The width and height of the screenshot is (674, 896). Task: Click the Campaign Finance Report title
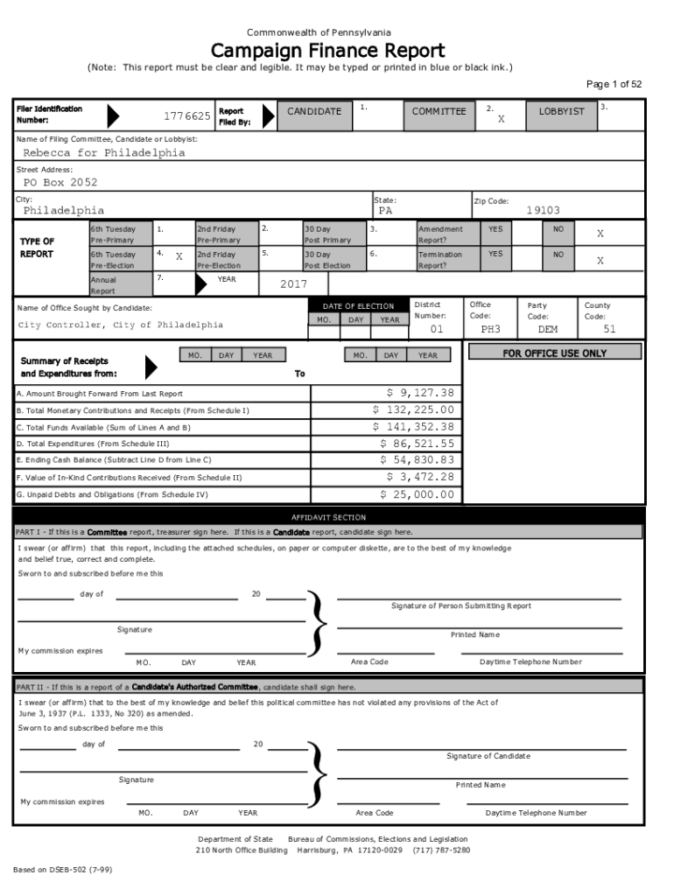(x=327, y=51)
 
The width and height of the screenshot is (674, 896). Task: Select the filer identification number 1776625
(x=186, y=116)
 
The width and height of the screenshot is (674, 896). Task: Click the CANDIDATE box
(x=314, y=112)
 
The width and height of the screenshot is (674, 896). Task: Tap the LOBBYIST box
(x=561, y=112)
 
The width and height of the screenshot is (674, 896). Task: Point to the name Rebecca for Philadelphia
(x=104, y=153)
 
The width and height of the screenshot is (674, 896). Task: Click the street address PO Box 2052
(x=60, y=183)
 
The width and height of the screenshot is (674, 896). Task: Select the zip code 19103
(x=543, y=211)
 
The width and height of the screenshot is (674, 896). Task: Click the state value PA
(x=386, y=211)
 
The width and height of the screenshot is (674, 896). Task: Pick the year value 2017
(x=294, y=284)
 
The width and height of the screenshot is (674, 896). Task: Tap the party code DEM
(x=547, y=330)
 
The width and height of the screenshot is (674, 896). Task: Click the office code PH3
(x=490, y=330)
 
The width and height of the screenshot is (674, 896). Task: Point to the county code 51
(x=610, y=330)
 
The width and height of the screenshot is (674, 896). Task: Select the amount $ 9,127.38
(x=420, y=394)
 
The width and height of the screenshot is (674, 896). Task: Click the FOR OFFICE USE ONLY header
(x=553, y=353)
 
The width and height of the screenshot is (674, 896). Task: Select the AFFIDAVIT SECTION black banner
(x=328, y=518)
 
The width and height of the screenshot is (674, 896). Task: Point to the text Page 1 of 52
(x=614, y=85)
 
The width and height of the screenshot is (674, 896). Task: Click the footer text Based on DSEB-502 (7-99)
(x=62, y=871)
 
